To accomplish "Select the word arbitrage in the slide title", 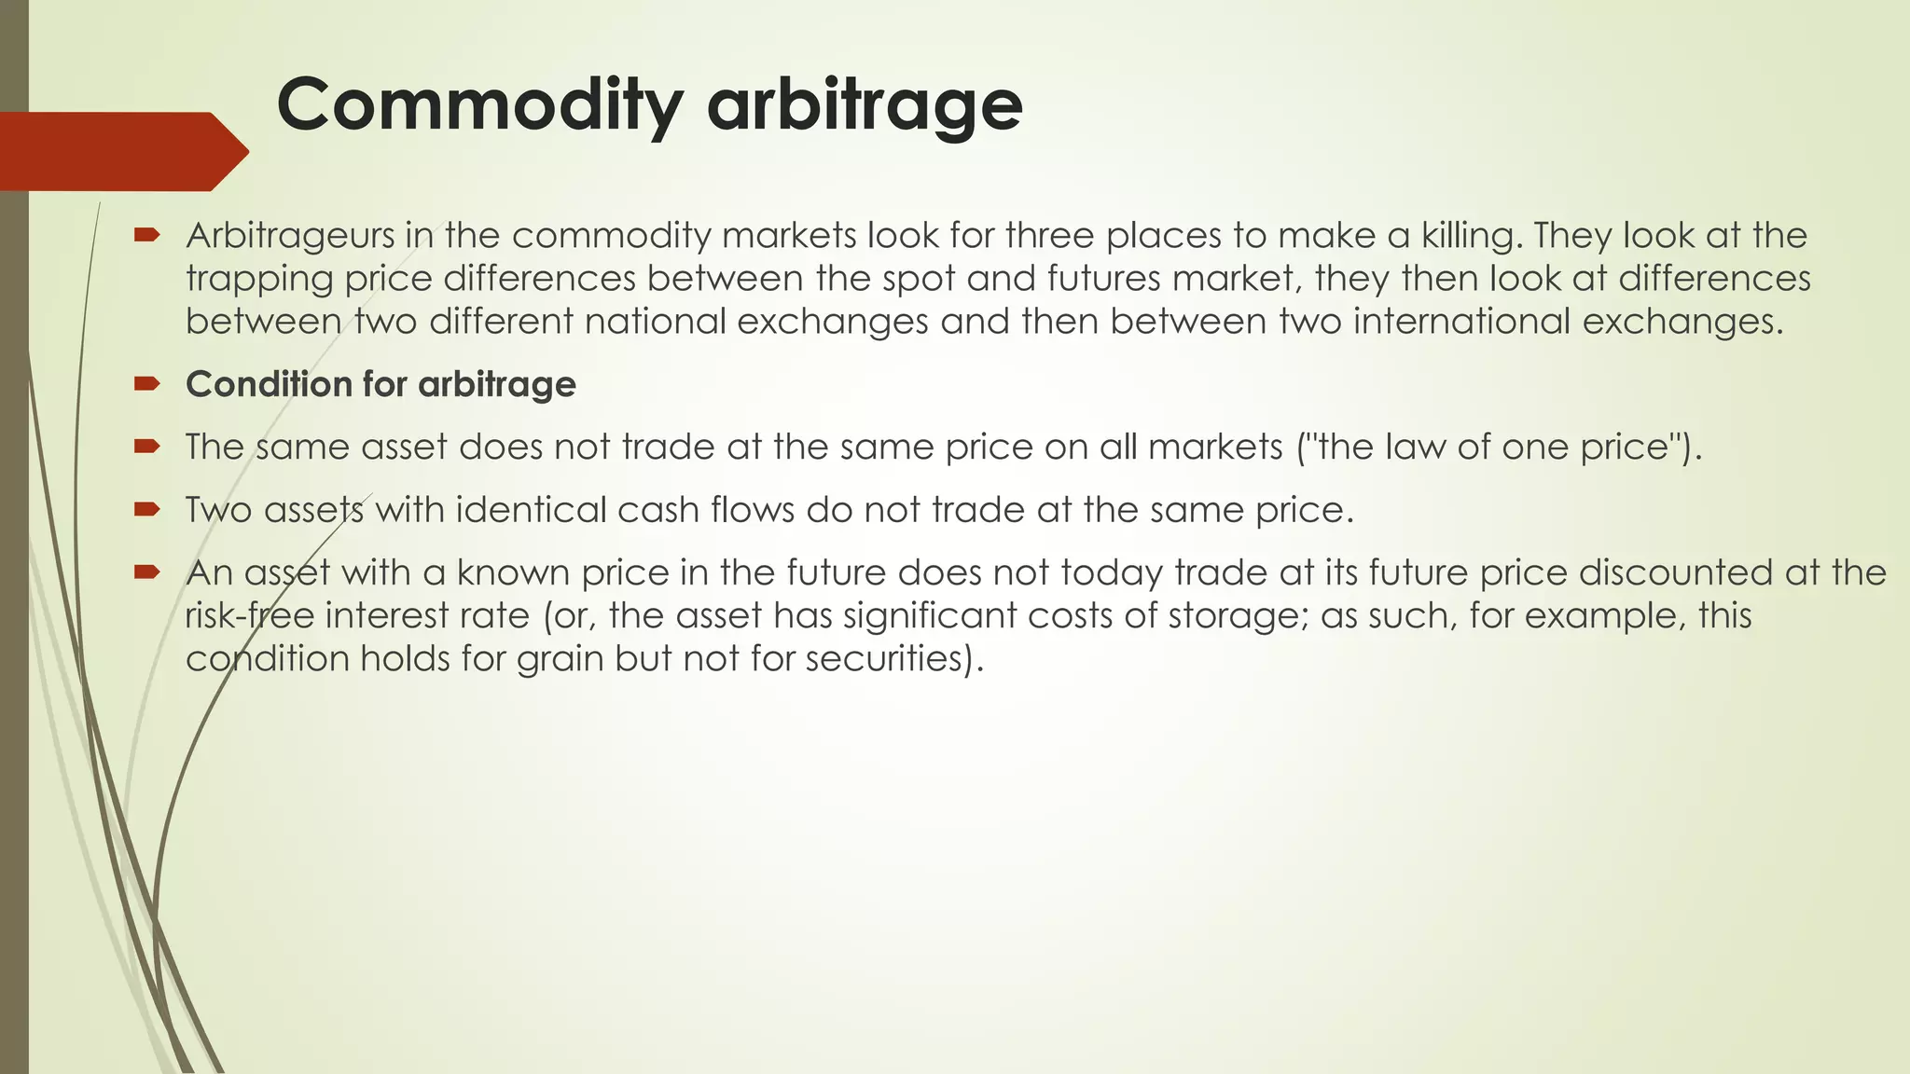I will (865, 104).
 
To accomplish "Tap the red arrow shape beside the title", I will (121, 151).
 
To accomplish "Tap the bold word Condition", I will (262, 384).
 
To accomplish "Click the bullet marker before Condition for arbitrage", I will (147, 383).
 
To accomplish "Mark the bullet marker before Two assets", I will (147, 509).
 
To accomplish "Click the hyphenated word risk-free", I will (248, 616).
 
